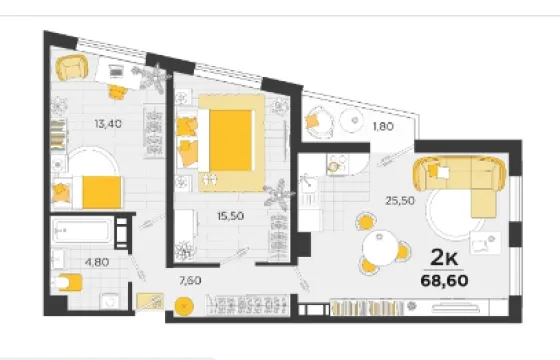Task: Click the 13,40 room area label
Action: (x=108, y=124)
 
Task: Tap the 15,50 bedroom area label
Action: (x=230, y=216)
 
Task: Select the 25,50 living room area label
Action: (x=400, y=201)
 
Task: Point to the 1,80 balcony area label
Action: (x=383, y=126)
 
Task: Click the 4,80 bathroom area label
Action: (x=97, y=262)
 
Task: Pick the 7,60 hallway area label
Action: (x=190, y=281)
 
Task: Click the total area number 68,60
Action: (x=444, y=281)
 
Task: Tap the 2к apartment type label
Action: (x=444, y=257)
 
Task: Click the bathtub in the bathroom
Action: (x=82, y=231)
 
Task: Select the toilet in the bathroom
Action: (x=68, y=282)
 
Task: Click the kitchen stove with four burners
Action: (x=338, y=164)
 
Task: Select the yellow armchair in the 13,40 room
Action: (x=72, y=68)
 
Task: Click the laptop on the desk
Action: (x=115, y=71)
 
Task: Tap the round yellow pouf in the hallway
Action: (x=184, y=307)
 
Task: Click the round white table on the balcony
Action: (x=354, y=120)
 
